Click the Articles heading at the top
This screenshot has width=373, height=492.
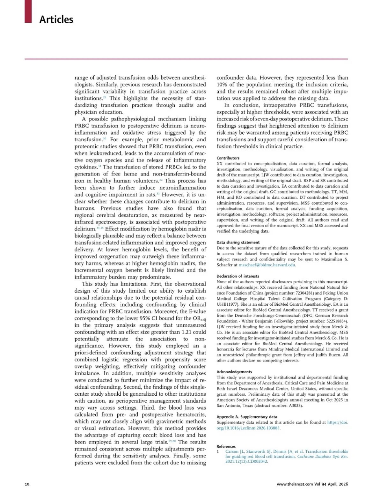(56, 19)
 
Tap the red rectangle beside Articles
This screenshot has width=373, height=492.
(28, 11)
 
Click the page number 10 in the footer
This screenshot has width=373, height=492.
(27, 484)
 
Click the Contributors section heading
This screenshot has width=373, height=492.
(228, 158)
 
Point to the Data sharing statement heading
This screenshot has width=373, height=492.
(238, 242)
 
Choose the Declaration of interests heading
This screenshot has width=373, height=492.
(238, 276)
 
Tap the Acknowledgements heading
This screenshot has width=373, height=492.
(234, 372)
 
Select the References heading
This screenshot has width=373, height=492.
(226, 446)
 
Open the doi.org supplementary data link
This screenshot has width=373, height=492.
(282, 425)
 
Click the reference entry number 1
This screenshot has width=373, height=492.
(218, 451)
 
